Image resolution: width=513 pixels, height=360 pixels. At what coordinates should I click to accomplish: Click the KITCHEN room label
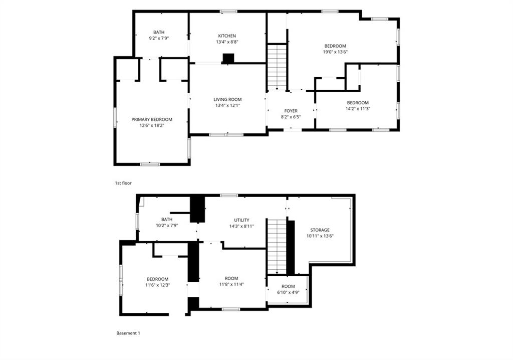click(x=227, y=36)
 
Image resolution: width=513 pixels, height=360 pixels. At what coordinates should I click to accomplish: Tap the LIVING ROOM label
click(x=227, y=100)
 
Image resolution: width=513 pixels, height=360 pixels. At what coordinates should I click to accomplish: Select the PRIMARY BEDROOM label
click(x=152, y=119)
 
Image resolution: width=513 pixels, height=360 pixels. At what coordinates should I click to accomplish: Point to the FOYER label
click(x=291, y=111)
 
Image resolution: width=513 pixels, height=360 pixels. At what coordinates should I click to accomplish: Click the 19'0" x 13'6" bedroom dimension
click(x=335, y=52)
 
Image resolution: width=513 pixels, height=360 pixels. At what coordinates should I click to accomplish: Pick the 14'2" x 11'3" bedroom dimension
click(x=358, y=109)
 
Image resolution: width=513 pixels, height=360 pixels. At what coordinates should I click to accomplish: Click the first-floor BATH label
click(x=159, y=32)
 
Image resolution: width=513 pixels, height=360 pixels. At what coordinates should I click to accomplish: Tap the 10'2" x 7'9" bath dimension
click(x=167, y=225)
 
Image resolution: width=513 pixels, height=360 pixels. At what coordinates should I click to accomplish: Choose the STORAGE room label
click(x=320, y=230)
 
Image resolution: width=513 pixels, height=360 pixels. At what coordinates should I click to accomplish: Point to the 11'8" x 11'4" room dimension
click(x=231, y=284)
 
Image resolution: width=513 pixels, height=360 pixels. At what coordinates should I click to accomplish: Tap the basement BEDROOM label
click(x=157, y=279)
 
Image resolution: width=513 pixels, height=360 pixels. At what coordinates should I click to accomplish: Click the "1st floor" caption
click(x=123, y=184)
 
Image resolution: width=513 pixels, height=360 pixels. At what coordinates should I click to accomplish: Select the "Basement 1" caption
click(x=128, y=333)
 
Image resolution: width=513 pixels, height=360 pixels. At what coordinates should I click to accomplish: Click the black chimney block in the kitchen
click(x=228, y=58)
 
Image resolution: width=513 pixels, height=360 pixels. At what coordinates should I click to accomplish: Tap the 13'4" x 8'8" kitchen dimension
click(x=227, y=42)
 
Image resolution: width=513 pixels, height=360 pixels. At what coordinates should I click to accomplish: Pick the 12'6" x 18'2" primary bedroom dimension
click(x=152, y=125)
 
